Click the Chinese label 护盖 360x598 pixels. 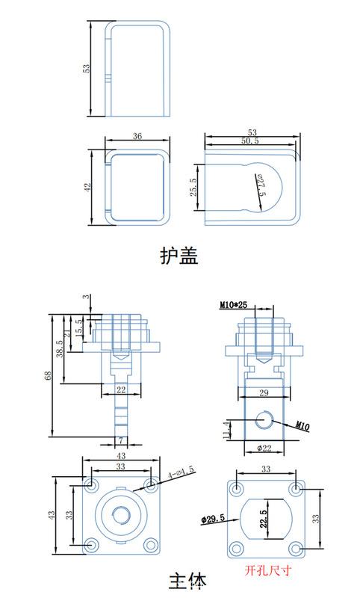point(179,256)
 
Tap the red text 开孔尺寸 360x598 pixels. point(268,570)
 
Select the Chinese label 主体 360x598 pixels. point(187,582)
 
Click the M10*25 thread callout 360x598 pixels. point(233,305)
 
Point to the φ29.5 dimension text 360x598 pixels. point(213,519)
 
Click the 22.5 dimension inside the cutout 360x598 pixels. point(263,519)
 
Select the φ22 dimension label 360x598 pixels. point(264,448)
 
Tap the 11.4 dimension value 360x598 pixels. point(226,429)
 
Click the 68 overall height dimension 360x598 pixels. point(49,376)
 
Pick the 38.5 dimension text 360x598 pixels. point(60,349)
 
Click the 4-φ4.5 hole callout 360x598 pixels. point(181,472)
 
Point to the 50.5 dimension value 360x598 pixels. point(250,141)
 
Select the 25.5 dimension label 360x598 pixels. point(193,188)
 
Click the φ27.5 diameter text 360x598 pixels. point(261,185)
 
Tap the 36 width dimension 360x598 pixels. point(137,136)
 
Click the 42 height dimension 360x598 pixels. point(87,188)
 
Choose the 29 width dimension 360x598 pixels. point(264,393)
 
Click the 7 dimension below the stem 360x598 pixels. point(121,440)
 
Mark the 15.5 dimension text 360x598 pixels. point(79,327)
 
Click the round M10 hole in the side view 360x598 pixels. point(264,419)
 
